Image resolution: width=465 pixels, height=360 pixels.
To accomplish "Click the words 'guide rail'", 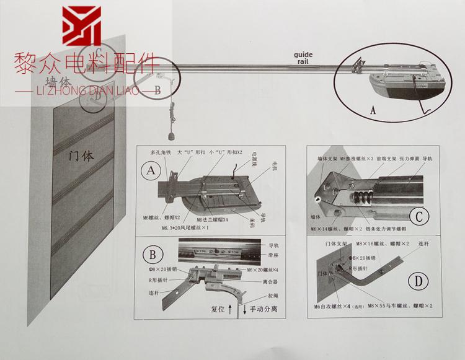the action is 303,58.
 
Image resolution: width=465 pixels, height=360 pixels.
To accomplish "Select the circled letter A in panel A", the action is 148,170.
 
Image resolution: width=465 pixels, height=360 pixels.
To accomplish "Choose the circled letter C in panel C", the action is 420,217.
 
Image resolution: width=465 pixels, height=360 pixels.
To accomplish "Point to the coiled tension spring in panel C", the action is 363,200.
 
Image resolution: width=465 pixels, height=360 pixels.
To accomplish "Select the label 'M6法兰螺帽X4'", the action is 215,219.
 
